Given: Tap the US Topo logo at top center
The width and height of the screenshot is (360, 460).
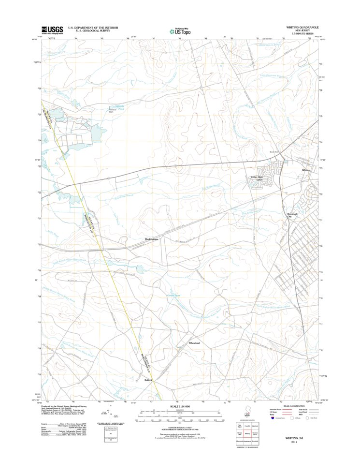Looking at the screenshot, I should pyautogui.click(x=179, y=30).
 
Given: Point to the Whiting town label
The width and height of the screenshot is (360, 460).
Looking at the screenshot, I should pyautogui.click(x=306, y=170).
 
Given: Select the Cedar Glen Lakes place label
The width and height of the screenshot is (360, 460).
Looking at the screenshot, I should pyautogui.click(x=259, y=178).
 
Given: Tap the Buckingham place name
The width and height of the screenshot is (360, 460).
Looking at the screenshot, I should pyautogui.click(x=152, y=239).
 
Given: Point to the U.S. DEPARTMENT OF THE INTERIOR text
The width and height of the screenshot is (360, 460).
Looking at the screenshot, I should pyautogui.click(x=92, y=28).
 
